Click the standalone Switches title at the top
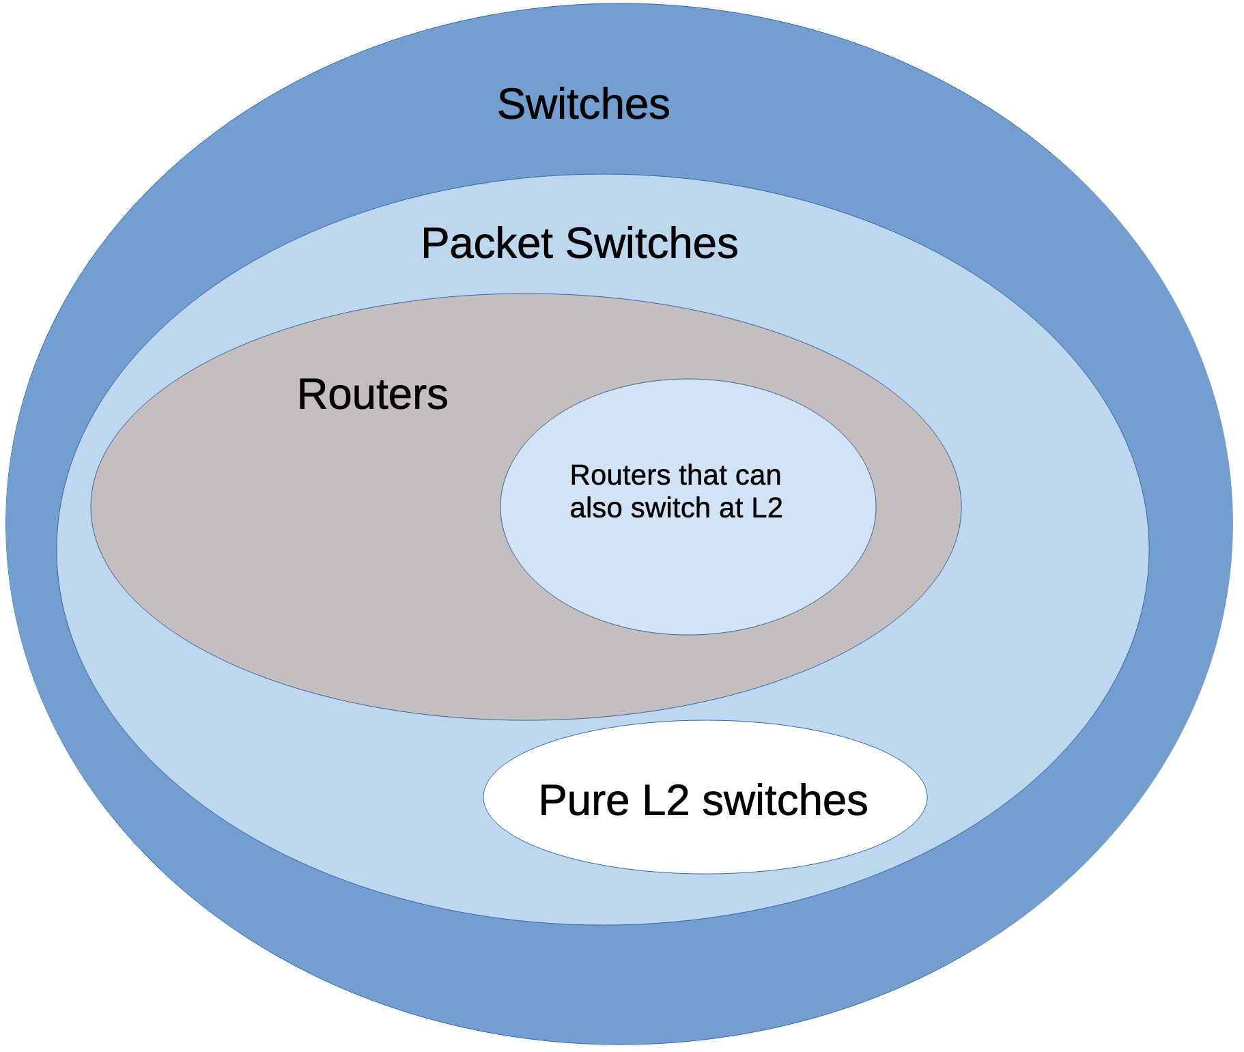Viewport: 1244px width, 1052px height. pos(583,104)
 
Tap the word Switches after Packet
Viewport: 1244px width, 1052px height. pos(652,244)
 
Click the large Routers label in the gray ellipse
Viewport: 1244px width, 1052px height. pos(372,395)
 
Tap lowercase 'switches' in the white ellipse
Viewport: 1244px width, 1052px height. pos(784,800)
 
